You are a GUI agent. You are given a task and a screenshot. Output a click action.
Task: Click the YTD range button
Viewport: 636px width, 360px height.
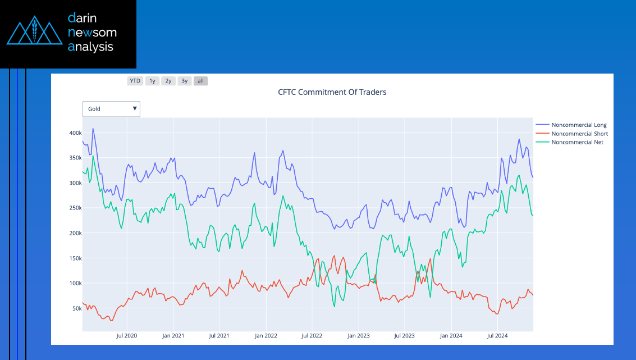click(x=135, y=81)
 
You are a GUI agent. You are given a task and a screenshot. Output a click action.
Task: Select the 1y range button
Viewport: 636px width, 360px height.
click(x=152, y=81)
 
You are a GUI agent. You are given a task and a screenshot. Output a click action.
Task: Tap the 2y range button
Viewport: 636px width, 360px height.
click(x=168, y=81)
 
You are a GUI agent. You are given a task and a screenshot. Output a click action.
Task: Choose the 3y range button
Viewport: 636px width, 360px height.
click(x=185, y=81)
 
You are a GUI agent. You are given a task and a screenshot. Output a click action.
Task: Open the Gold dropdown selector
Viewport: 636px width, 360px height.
click(x=111, y=109)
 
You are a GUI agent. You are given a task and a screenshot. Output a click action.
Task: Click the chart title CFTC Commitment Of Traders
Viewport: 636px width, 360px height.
click(x=332, y=92)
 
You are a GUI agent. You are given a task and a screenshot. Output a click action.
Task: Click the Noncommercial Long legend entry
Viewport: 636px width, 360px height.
click(x=579, y=125)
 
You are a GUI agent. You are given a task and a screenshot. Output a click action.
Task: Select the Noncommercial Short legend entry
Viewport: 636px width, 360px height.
click(x=579, y=134)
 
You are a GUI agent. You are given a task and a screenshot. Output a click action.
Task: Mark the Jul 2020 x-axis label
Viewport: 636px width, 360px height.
click(x=126, y=336)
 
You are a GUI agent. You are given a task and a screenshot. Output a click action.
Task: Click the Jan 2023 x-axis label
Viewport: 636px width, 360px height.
click(x=358, y=336)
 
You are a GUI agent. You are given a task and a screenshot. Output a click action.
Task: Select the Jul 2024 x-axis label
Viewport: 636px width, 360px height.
click(x=497, y=336)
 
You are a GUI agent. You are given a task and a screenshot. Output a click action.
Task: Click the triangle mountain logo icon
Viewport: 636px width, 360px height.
click(x=34, y=34)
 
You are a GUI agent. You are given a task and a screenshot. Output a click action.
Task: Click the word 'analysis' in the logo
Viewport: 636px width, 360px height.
click(x=90, y=47)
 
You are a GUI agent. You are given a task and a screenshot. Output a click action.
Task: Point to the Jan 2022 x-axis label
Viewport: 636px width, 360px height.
click(x=266, y=336)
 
